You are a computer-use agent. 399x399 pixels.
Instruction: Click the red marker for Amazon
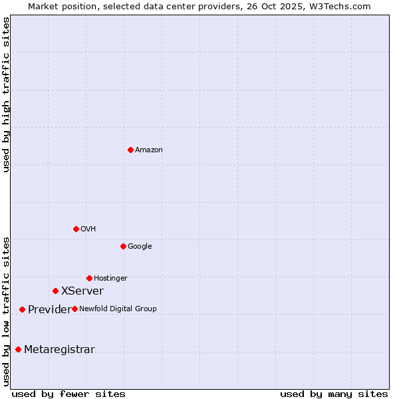click(130, 150)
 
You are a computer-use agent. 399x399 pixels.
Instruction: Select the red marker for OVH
click(76, 229)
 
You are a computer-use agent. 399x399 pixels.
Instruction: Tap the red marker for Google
click(123, 246)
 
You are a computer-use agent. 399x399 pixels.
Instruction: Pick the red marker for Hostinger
click(89, 278)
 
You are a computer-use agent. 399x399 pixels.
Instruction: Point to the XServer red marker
click(55, 291)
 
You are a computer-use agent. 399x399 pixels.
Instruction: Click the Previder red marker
click(22, 309)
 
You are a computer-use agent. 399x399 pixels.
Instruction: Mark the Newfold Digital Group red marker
click(74, 309)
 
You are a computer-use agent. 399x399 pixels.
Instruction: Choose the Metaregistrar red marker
click(18, 349)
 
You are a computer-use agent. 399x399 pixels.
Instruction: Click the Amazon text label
click(149, 150)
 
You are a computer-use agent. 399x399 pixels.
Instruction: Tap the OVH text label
click(88, 229)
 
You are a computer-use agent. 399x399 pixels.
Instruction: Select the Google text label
click(140, 247)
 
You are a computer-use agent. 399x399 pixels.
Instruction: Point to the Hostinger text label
click(110, 279)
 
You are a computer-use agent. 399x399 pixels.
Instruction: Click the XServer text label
click(82, 291)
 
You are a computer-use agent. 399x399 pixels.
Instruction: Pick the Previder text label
click(49, 310)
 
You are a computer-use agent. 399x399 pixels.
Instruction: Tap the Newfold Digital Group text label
click(118, 309)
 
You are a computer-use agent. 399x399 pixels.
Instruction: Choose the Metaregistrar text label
click(59, 350)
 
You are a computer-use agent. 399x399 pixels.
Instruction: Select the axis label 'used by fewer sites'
click(68, 394)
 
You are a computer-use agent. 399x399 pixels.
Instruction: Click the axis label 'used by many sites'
click(334, 394)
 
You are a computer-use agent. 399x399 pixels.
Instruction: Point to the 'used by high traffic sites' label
click(7, 94)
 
